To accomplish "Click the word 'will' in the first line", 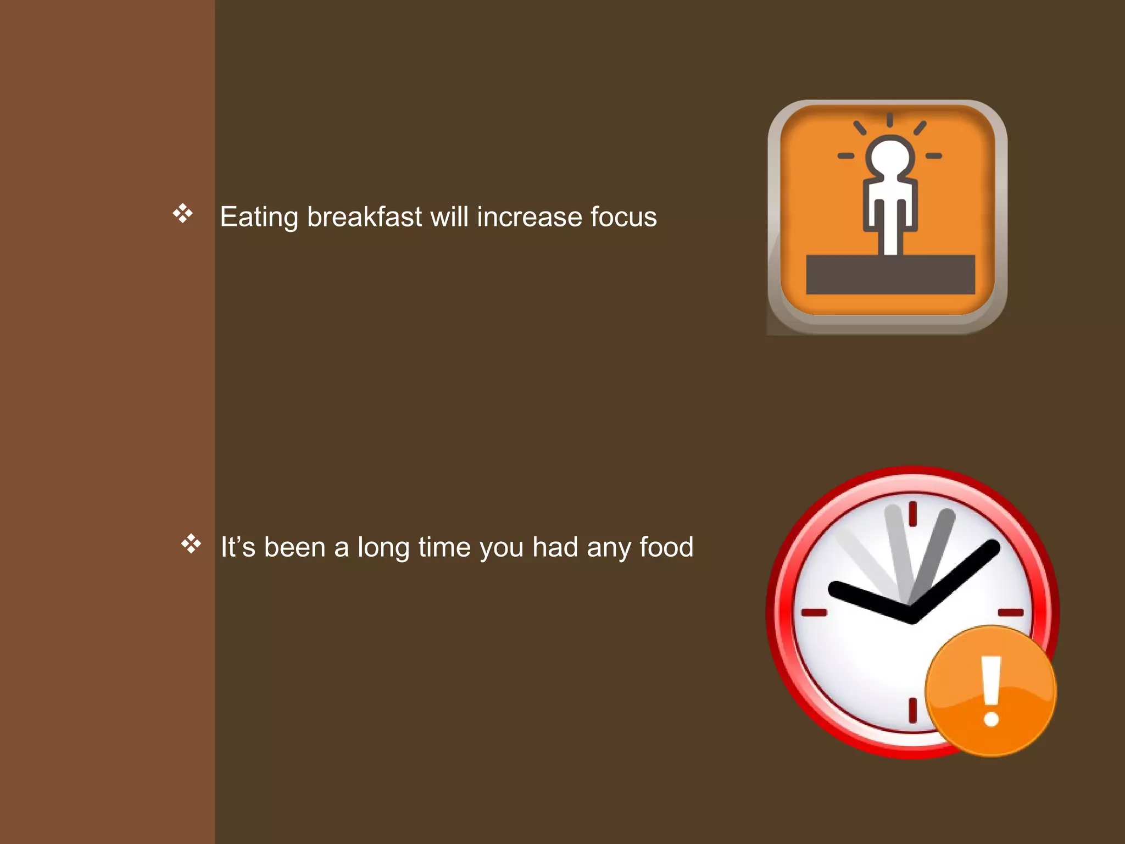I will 449,216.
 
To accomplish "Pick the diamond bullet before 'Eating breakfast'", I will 183,213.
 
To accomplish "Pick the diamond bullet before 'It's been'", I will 191,543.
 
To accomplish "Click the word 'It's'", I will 238,547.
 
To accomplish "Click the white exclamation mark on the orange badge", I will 991,690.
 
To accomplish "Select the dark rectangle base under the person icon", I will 890,274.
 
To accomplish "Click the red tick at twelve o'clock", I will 912,514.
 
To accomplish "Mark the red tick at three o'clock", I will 1010,612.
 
